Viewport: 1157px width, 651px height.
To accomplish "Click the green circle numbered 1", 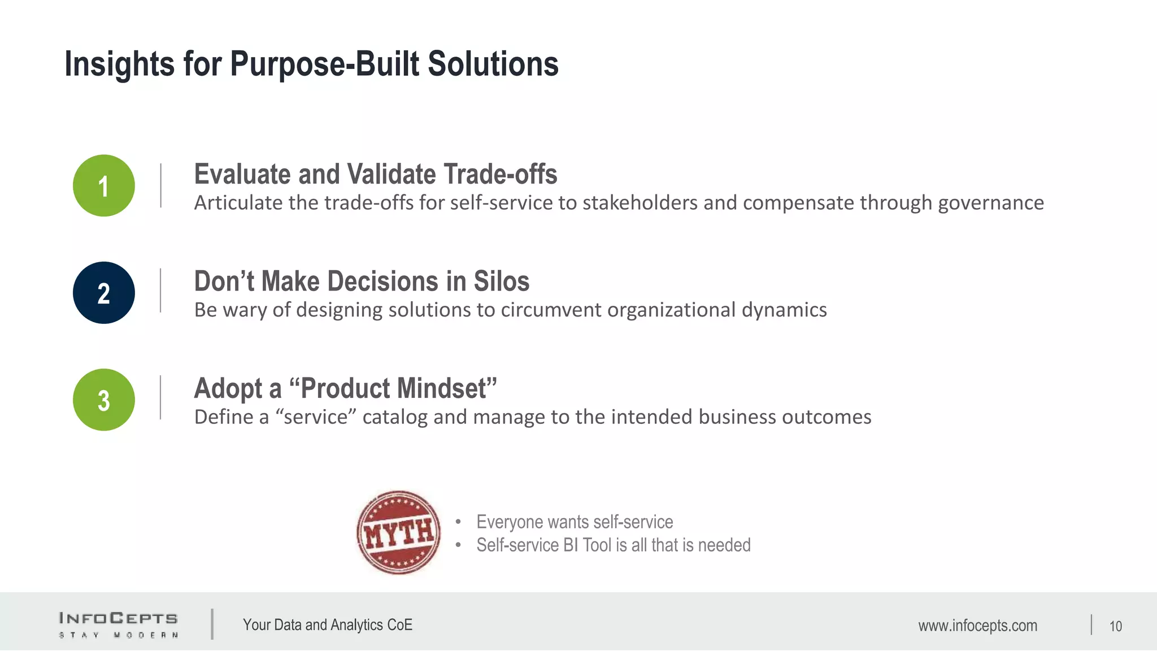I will click(x=104, y=185).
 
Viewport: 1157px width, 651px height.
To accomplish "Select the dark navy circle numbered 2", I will click(x=104, y=293).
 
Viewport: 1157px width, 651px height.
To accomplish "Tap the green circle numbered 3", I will click(x=104, y=400).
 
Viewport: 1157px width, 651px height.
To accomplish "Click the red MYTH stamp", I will click(x=399, y=532).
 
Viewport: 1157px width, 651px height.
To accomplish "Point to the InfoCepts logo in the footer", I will click(x=118, y=624).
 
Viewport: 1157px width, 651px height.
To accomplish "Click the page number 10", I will click(x=1115, y=626).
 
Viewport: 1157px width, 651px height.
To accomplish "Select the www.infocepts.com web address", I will click(x=977, y=626).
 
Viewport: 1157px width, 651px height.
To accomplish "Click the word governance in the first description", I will click(x=991, y=203).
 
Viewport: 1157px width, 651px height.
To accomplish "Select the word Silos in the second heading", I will click(x=501, y=281).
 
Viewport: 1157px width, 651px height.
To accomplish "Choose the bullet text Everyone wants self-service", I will click(x=575, y=522).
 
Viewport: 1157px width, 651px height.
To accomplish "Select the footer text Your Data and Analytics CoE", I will click(x=328, y=625).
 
